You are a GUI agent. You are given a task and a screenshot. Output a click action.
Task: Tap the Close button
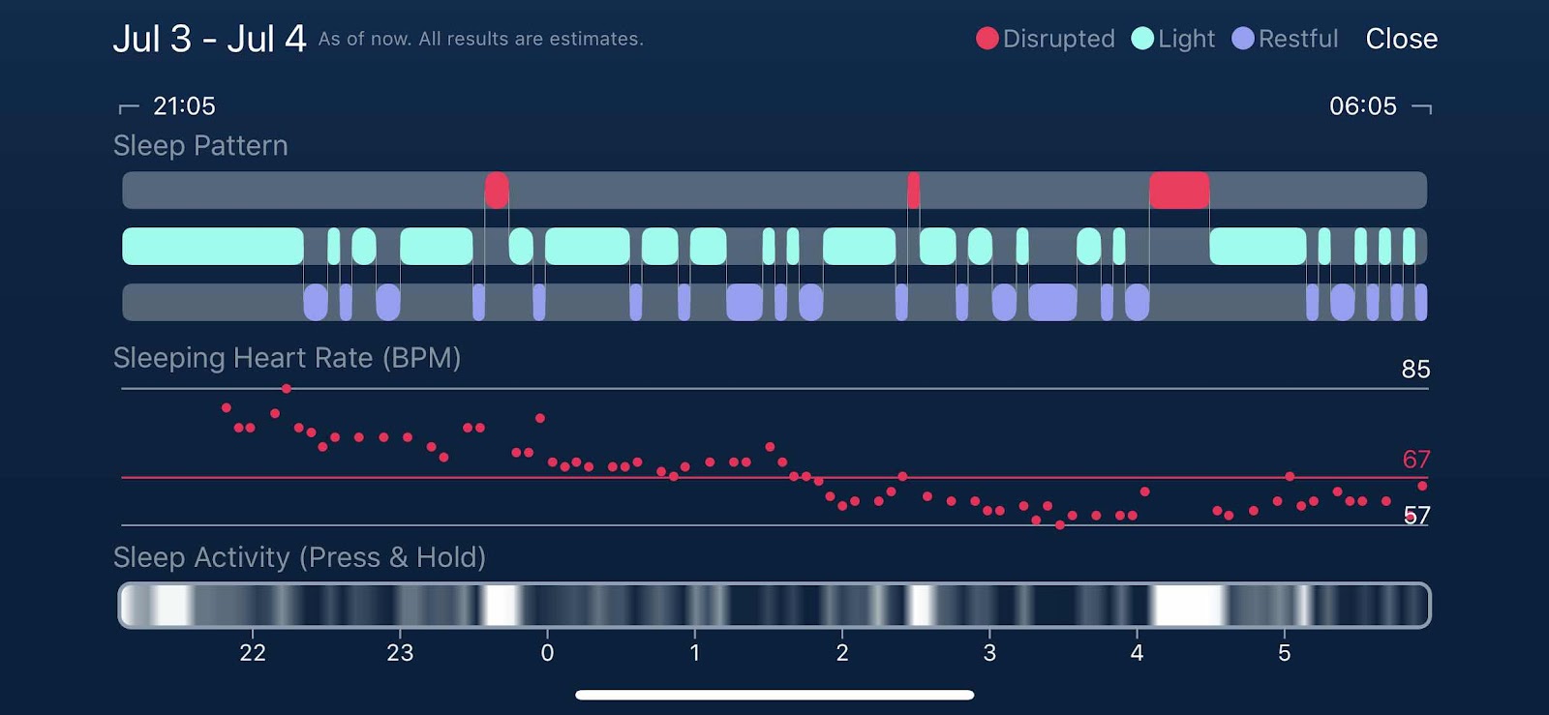1401,39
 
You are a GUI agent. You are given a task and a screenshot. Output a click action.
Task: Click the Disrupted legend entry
1046,39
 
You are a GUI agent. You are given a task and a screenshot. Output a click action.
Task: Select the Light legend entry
1172,39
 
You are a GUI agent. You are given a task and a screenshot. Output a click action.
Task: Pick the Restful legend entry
1285,39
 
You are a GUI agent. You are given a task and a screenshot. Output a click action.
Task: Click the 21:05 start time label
184,105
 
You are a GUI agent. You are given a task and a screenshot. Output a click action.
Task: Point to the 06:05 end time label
1362,105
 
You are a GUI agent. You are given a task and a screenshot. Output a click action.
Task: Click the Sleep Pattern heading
200,145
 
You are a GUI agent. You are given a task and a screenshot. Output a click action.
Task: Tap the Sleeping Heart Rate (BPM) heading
287,358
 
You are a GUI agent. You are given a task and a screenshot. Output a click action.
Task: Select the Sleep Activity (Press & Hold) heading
299,557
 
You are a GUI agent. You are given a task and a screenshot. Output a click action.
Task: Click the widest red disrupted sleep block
1179,191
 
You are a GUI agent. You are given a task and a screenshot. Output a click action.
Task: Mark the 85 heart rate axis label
1415,369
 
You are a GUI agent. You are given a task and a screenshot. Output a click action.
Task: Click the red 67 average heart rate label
1415,459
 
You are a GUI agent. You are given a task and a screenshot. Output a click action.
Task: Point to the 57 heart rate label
1416,515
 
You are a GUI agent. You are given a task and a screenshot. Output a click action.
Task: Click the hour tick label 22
253,653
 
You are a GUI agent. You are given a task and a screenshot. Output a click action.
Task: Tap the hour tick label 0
547,653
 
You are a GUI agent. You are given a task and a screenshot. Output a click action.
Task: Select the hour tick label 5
1284,653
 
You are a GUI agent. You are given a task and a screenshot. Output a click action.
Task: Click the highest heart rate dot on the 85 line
287,389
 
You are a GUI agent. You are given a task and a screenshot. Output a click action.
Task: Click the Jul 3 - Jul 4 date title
209,39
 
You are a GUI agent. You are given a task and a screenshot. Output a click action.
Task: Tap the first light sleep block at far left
213,247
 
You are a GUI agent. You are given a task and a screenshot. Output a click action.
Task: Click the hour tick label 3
989,653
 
